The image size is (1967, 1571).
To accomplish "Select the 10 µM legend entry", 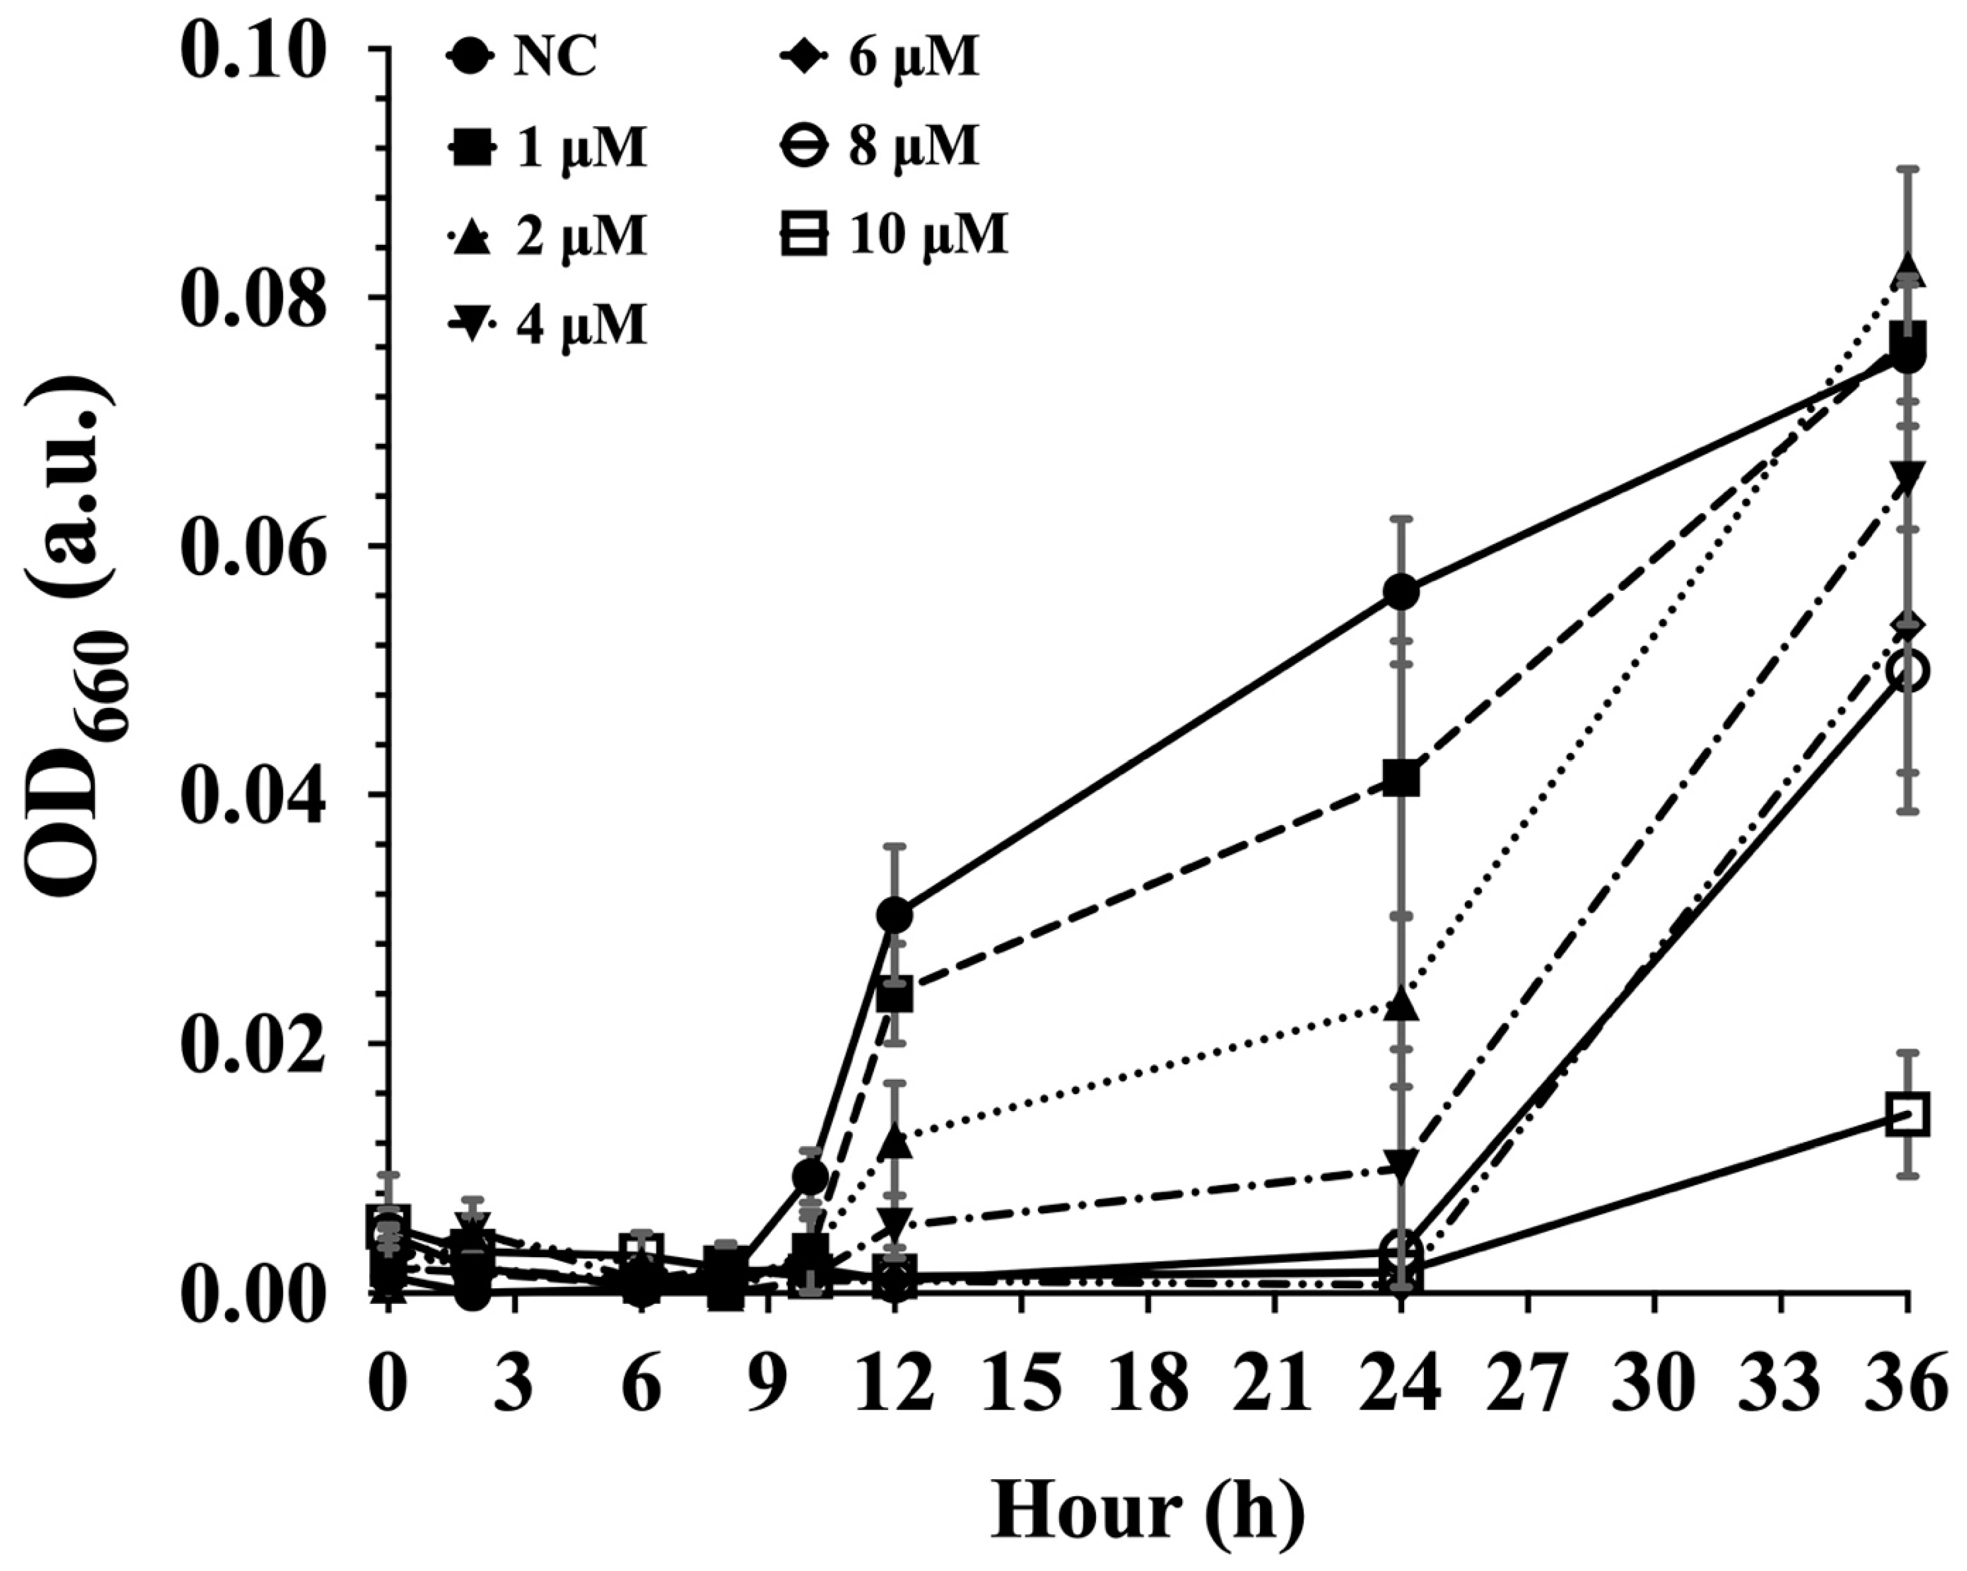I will pos(894,234).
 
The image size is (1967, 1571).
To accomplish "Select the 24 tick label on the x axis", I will pos(1402,1384).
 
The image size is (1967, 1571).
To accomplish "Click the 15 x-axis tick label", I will pos(1022,1384).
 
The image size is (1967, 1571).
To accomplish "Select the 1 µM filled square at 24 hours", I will pos(1402,778).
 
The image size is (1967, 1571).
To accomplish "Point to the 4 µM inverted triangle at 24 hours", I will pos(1402,1165).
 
